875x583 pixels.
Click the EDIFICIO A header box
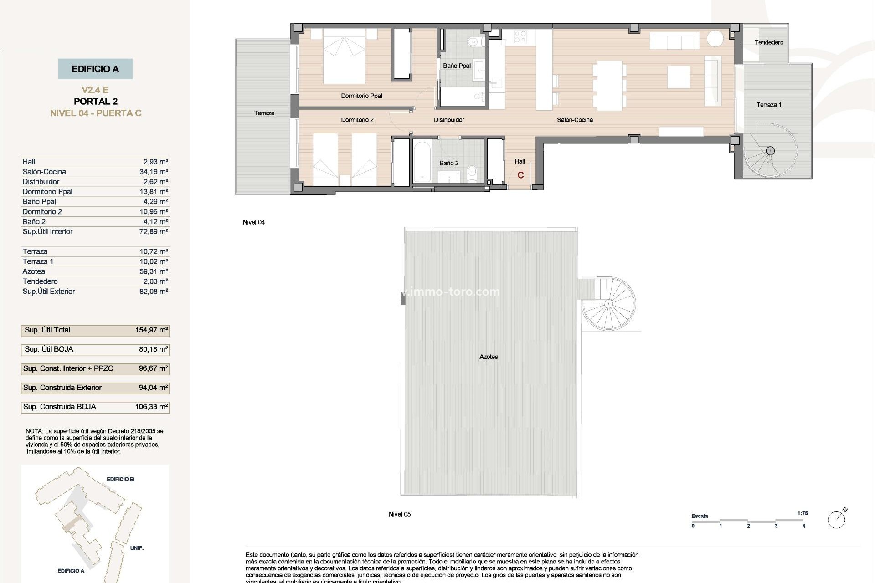[95, 69]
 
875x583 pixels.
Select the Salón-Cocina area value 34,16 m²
[154, 172]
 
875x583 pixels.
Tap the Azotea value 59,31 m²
[154, 271]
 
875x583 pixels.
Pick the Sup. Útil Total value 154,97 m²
[151, 330]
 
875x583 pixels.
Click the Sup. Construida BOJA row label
[60, 407]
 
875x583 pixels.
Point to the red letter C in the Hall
[520, 175]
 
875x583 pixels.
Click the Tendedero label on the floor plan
[769, 42]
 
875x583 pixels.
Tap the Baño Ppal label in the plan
[457, 66]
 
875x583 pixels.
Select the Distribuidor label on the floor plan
[449, 120]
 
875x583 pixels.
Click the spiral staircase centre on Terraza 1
[770, 151]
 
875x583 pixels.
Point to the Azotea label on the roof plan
[489, 357]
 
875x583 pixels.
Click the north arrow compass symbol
[837, 519]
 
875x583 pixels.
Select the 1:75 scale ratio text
[802, 513]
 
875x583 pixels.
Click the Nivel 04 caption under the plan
[254, 222]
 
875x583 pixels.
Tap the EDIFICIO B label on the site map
[120, 479]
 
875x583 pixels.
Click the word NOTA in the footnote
[34, 431]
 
